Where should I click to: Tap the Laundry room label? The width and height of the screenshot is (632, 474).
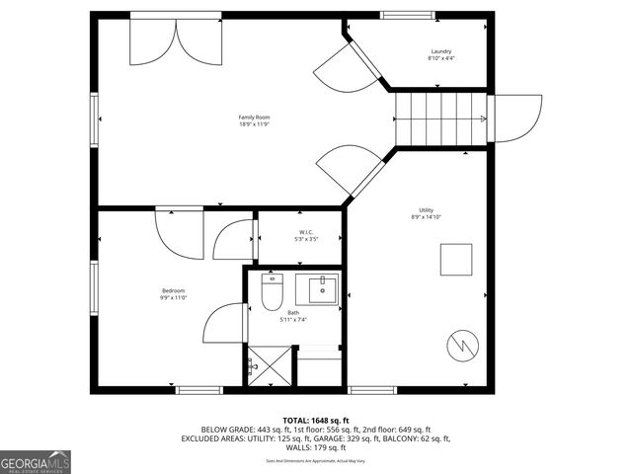pyautogui.click(x=441, y=51)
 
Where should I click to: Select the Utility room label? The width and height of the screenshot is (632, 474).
pyautogui.click(x=426, y=209)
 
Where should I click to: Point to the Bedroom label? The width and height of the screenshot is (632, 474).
pyautogui.click(x=174, y=289)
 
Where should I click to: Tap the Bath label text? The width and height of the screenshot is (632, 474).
pyautogui.click(x=293, y=313)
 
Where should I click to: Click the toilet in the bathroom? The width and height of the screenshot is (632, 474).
pyautogui.click(x=273, y=291)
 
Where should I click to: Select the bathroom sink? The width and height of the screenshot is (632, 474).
pyautogui.click(x=322, y=289)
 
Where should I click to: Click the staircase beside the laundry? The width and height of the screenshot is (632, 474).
pyautogui.click(x=442, y=118)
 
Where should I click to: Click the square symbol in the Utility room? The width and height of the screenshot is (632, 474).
pyautogui.click(x=456, y=261)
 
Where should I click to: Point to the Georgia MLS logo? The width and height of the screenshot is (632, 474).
pyautogui.click(x=36, y=461)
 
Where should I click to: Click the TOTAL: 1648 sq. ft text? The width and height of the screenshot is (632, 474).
pyautogui.click(x=315, y=420)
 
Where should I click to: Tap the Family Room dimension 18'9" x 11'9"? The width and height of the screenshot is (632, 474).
pyautogui.click(x=254, y=124)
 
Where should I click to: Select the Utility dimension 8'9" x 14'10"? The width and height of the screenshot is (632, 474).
pyautogui.click(x=426, y=217)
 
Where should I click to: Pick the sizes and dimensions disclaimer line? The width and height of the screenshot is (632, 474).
pyautogui.click(x=315, y=460)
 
